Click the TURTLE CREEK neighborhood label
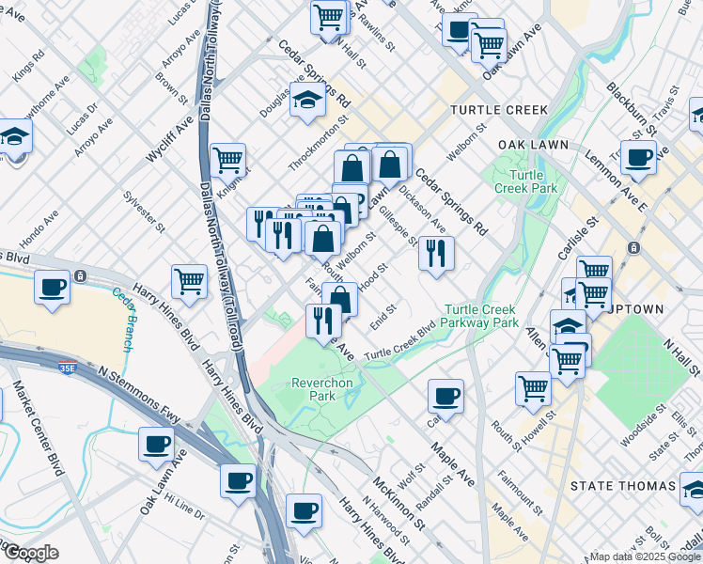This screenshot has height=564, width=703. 498,110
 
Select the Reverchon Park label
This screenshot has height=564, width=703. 320,389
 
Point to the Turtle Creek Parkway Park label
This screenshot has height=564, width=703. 480,316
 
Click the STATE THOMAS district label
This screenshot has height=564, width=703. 623,486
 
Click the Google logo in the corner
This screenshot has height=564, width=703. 30,553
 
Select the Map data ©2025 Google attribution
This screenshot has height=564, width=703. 643,556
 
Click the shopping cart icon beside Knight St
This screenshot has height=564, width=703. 227,161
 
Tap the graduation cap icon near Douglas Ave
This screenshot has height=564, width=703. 307,102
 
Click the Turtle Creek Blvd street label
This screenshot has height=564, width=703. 400,345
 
